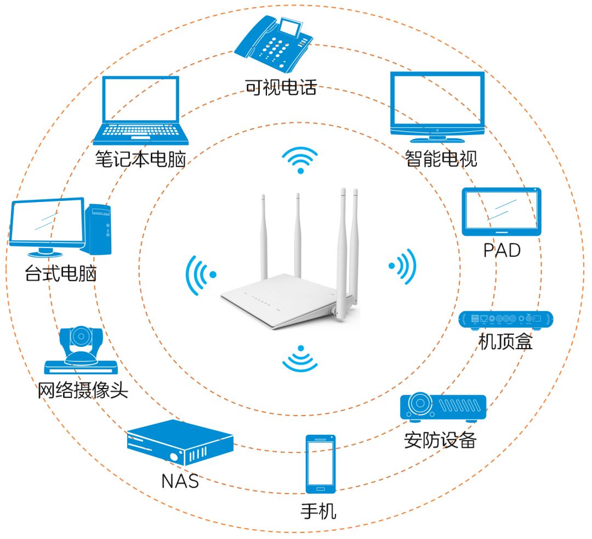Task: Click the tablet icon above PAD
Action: (501, 212)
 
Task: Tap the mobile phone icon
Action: (321, 464)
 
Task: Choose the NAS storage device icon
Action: (180, 442)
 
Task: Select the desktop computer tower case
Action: (99, 229)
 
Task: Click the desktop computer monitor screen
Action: (47, 222)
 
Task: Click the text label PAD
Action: (502, 250)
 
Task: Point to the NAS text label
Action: (180, 481)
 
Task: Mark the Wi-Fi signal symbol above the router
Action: (300, 159)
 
